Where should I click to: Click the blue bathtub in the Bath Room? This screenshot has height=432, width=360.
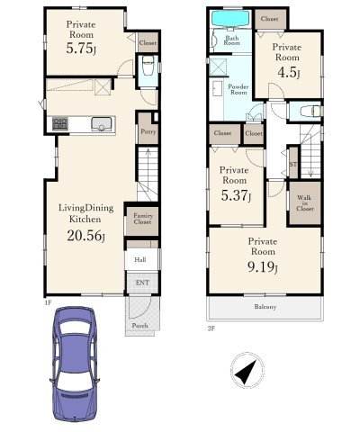(230, 19)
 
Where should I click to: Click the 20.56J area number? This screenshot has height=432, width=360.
(86, 236)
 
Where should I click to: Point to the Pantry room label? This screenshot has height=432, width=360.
(148, 131)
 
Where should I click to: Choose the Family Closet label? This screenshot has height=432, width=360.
(143, 219)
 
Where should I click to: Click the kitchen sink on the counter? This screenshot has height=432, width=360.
(102, 124)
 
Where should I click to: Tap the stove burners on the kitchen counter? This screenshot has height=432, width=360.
(60, 123)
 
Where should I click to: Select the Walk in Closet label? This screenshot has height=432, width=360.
(305, 203)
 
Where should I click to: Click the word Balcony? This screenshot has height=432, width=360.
(265, 307)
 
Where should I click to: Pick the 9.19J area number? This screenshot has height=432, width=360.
(263, 267)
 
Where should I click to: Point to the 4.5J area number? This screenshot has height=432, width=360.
(289, 73)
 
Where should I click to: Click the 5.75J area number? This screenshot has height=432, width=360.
(81, 49)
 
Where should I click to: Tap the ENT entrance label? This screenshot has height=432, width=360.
(142, 283)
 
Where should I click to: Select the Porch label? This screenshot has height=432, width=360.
(140, 326)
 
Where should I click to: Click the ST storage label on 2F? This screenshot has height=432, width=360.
(293, 165)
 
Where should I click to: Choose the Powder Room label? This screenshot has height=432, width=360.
(238, 90)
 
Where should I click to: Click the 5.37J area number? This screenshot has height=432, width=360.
(236, 195)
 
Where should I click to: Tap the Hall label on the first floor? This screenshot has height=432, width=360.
(140, 260)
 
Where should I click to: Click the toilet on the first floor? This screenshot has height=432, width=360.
(148, 66)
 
